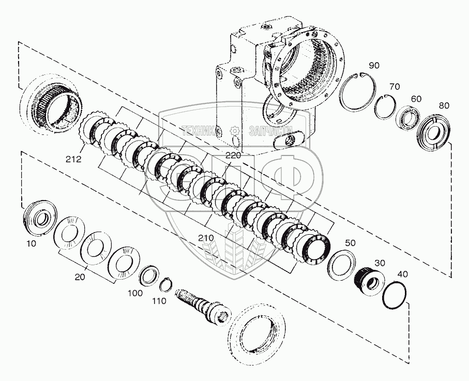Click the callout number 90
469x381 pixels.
point(374,65)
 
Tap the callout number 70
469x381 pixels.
point(395,86)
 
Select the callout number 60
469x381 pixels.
point(416,98)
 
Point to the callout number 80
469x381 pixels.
point(444,105)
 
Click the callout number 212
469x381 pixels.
point(73,160)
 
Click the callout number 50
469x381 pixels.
point(350,242)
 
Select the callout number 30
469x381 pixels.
point(380,263)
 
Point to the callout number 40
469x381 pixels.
point(403,274)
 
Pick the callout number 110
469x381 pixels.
point(159,301)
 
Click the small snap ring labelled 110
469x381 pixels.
point(165,284)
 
